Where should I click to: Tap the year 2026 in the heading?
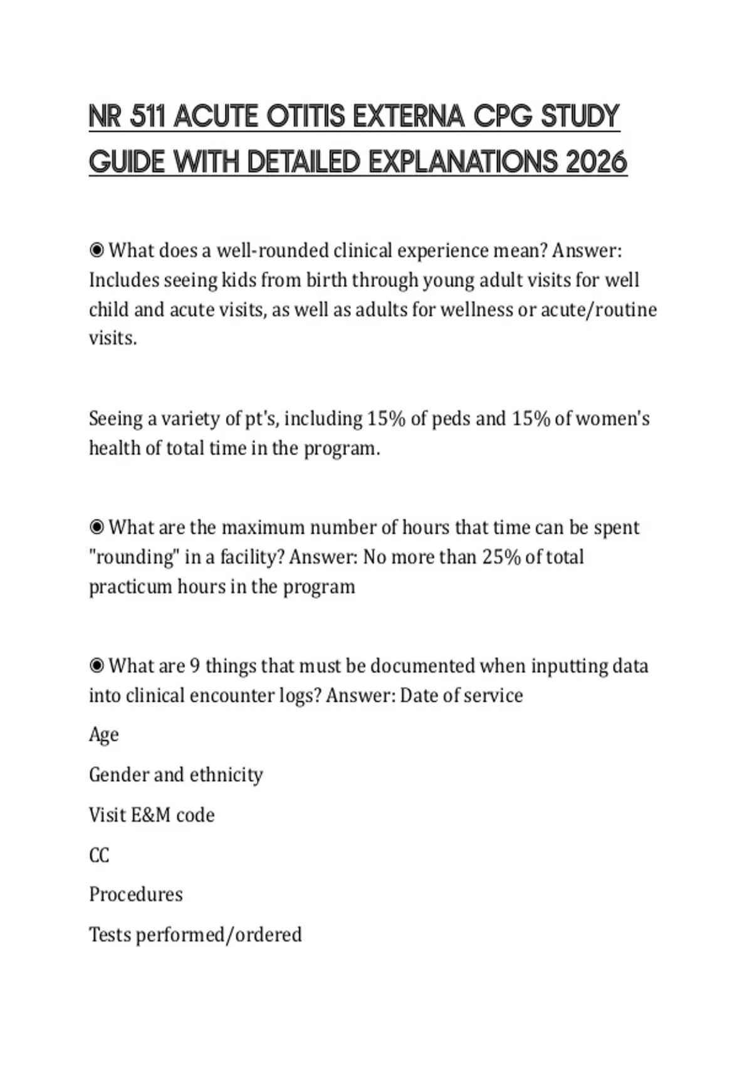(x=596, y=162)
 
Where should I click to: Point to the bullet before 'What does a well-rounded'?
(x=97, y=251)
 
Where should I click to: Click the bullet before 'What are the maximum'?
(x=97, y=527)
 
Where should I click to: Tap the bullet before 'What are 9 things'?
(x=97, y=665)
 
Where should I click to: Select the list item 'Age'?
(x=103, y=735)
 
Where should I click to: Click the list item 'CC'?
(x=99, y=855)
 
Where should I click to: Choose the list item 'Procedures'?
(x=136, y=895)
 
